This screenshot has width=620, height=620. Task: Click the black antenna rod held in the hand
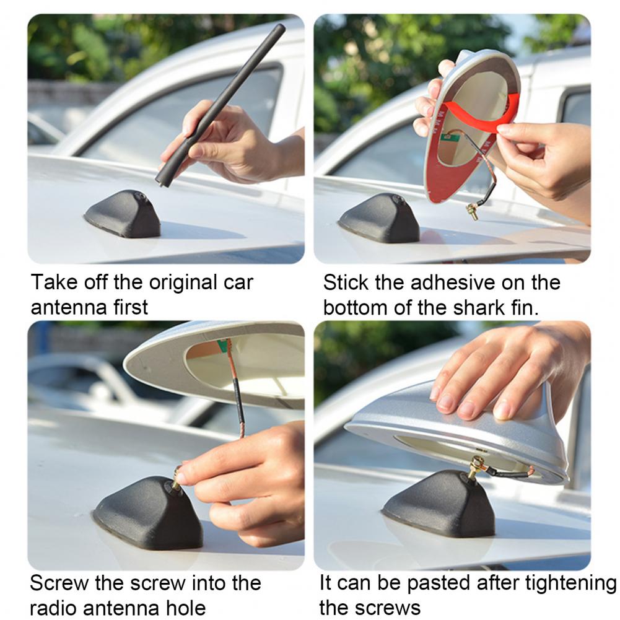click(x=220, y=105)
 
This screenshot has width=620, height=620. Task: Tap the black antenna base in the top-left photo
click(x=123, y=214)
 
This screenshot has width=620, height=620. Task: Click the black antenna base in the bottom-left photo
click(x=149, y=514)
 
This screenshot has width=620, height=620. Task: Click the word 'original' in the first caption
click(x=183, y=282)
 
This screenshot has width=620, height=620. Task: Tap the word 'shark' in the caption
click(x=479, y=308)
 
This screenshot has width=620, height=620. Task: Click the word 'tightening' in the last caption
click(x=570, y=583)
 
